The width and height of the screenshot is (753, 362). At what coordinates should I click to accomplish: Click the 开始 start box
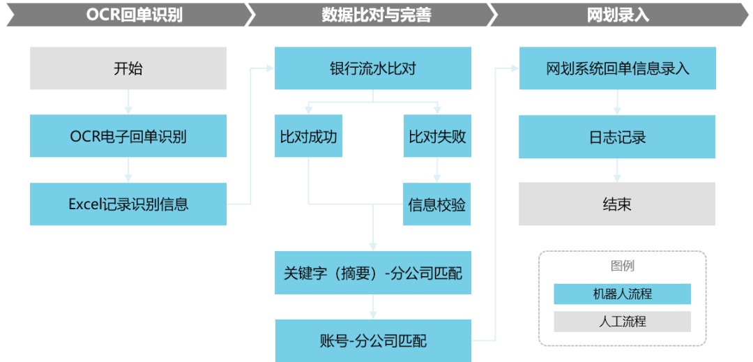point(128,68)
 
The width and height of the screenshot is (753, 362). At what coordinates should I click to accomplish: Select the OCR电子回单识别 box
point(128,136)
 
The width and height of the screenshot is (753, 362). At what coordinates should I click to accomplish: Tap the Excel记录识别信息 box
point(128,204)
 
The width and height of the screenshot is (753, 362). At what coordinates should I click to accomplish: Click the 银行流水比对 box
point(373,68)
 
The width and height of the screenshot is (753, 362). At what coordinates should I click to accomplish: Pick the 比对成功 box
point(308,136)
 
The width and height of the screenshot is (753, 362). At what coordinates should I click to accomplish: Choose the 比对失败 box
point(437,136)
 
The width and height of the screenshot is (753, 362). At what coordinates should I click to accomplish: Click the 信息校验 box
point(437,204)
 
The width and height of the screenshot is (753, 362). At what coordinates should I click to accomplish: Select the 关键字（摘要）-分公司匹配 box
point(373,273)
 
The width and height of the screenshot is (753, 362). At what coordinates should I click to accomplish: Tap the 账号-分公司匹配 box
point(373,340)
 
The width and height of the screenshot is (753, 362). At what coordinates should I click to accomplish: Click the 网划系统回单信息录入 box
point(618,68)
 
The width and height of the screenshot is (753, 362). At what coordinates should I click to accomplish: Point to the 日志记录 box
point(618,136)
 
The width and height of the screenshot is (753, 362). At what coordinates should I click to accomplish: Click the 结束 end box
point(617,204)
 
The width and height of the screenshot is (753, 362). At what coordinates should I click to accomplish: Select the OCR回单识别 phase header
point(125,15)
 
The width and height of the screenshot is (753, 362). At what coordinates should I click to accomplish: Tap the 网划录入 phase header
point(618,15)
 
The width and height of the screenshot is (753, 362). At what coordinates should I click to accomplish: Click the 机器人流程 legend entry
point(622,294)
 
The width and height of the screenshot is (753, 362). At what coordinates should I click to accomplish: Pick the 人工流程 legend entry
point(622,322)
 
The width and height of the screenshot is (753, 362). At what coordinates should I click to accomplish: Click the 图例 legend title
point(622,266)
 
